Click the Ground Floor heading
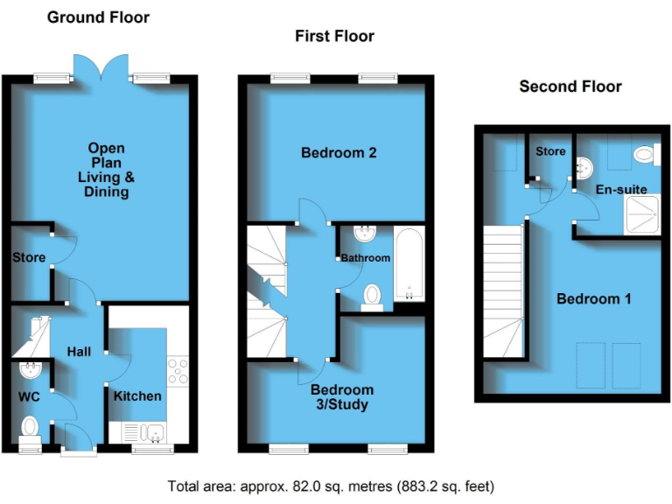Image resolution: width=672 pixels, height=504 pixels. tap(97, 17)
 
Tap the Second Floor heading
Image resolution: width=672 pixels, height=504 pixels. tap(570, 87)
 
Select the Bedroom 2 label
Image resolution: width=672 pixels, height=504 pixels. tap(339, 153)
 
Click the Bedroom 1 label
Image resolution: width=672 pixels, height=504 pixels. tap(594, 298)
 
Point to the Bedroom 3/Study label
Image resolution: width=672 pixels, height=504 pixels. tap(341, 397)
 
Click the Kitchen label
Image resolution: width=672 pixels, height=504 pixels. tap(137, 396)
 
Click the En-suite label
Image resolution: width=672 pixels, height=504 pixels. tap(620, 189)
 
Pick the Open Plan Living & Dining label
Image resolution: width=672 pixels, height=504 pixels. tap(105, 170)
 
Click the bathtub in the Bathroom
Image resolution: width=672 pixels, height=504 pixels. tap(409, 262)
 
